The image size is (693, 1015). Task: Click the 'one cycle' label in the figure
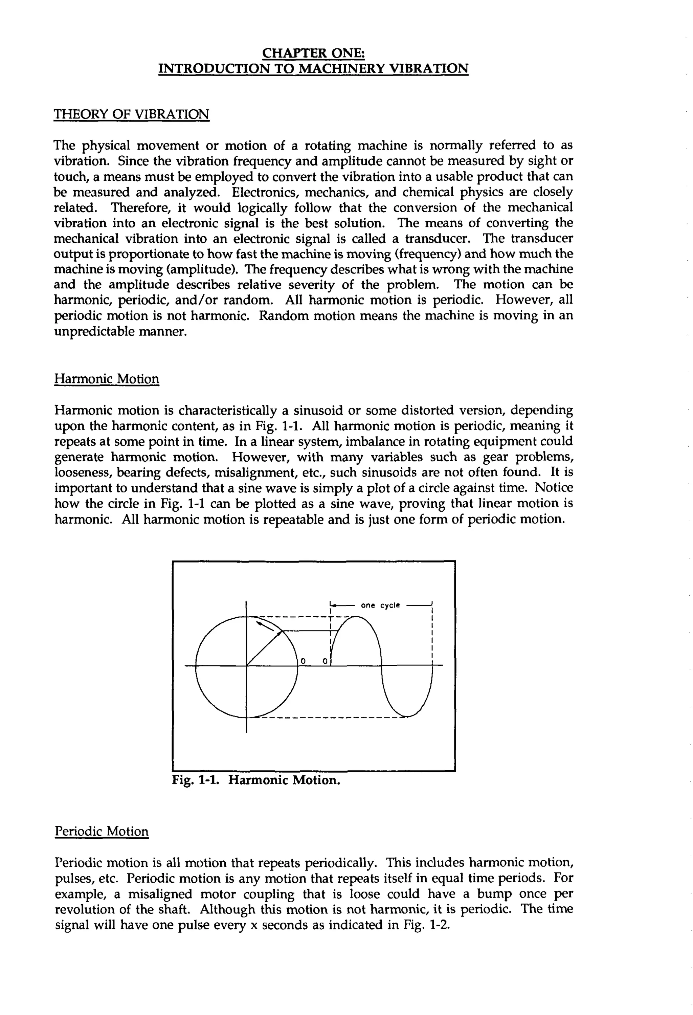pyautogui.click(x=380, y=605)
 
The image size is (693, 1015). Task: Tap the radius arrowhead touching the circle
pyautogui.click(x=282, y=632)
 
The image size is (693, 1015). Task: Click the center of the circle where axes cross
pyautogui.click(x=247, y=666)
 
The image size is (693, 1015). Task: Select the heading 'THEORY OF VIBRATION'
pyautogui.click(x=131, y=114)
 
